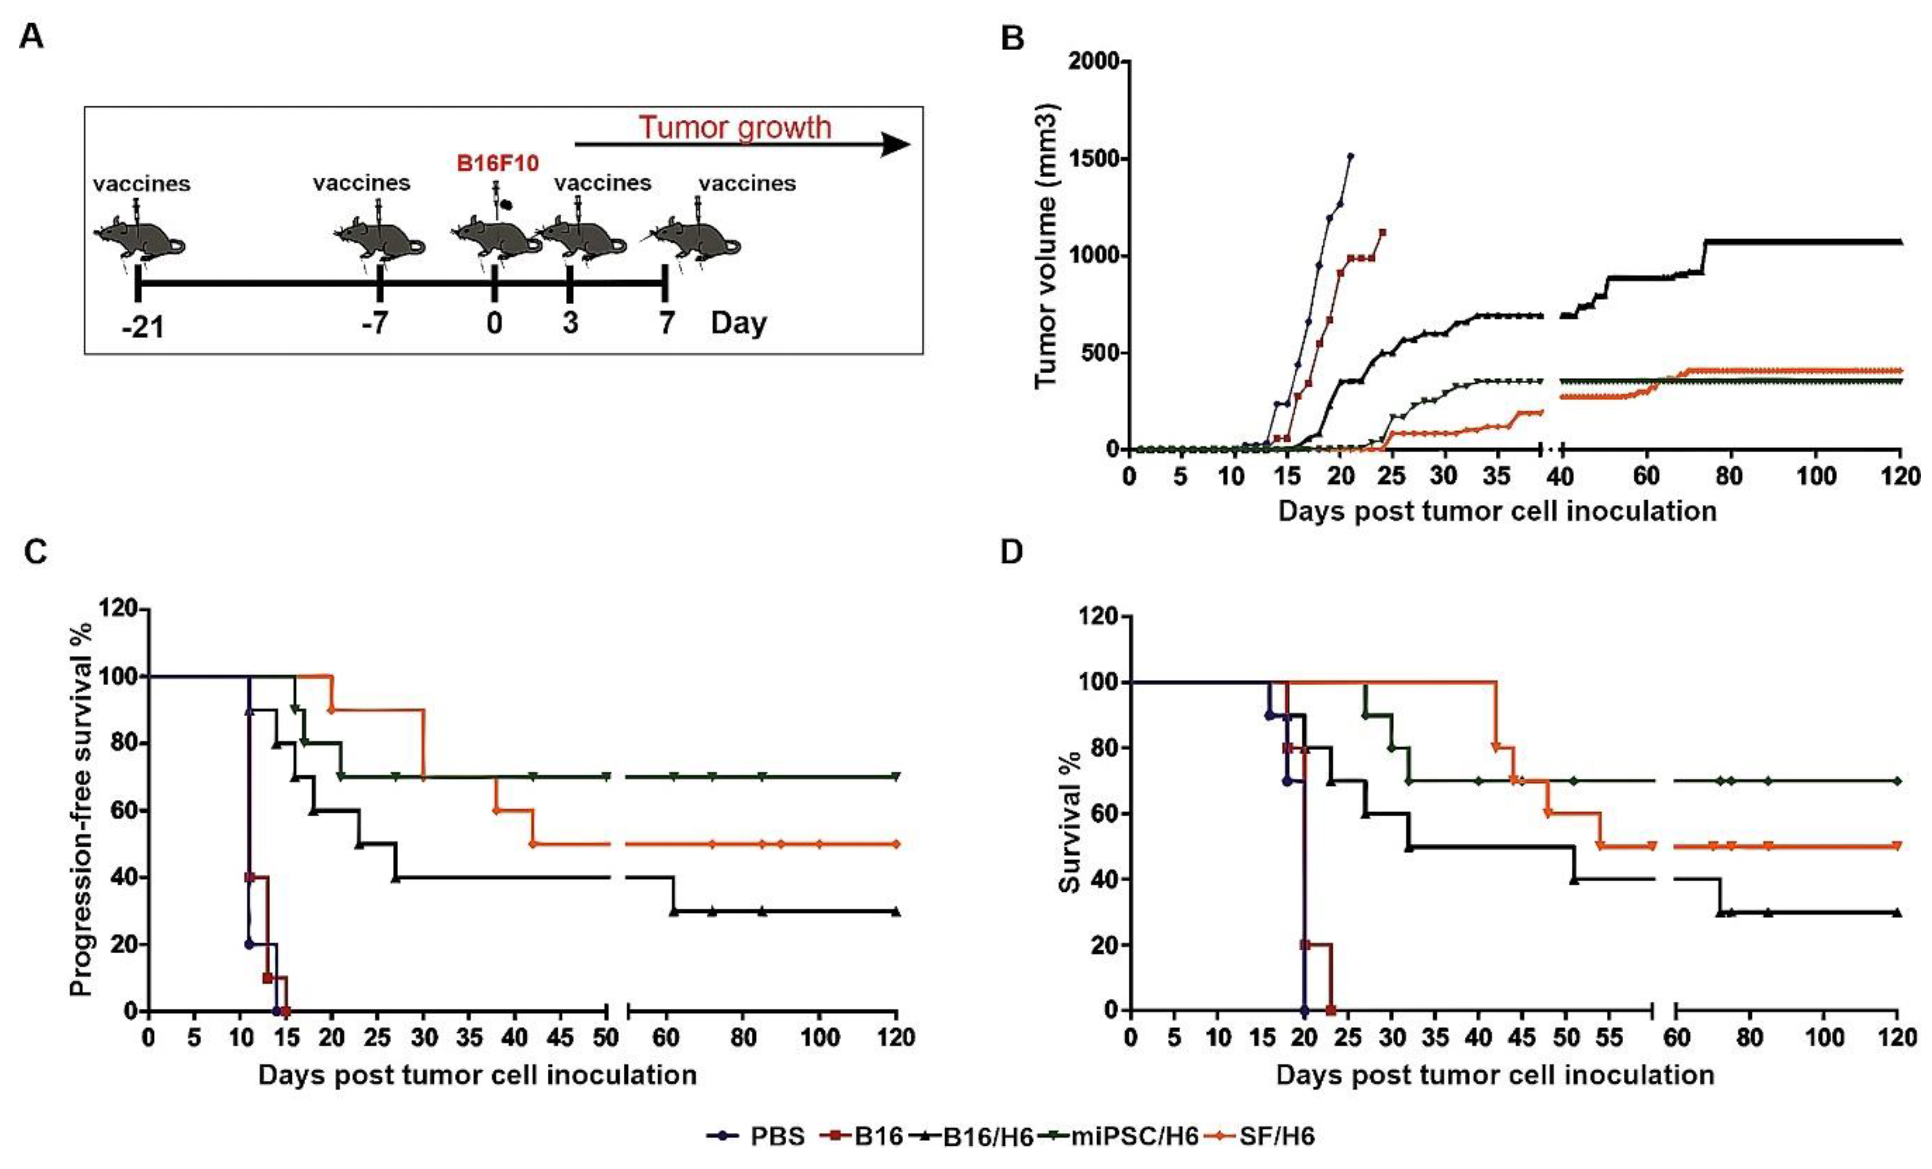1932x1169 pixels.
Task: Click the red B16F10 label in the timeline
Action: (498, 164)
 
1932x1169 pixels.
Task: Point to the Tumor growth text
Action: (735, 127)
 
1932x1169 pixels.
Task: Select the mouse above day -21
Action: (139, 236)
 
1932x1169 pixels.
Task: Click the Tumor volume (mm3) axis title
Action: (1047, 245)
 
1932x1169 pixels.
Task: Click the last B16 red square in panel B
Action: (1382, 232)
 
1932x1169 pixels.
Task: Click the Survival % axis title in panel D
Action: (1070, 822)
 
